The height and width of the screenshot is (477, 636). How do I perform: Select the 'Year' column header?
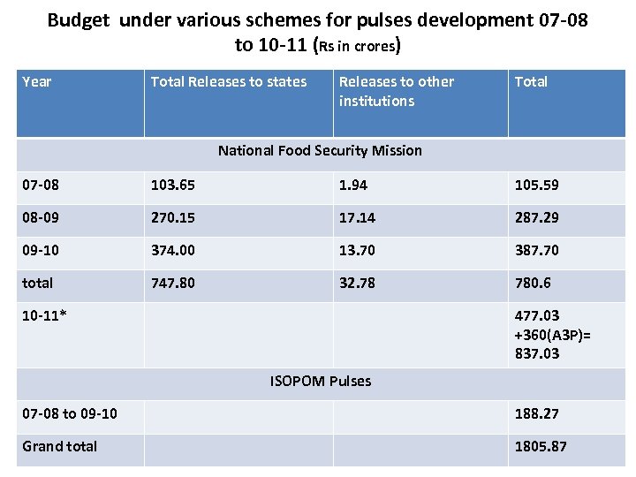[x=37, y=82]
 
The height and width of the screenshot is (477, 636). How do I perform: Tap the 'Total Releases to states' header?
[x=229, y=82]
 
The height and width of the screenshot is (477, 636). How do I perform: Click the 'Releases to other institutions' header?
[x=396, y=91]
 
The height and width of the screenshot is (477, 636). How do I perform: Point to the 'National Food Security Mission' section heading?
[x=320, y=150]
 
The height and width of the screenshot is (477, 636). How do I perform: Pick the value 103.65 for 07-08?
[x=173, y=185]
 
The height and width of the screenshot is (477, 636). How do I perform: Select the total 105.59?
[x=537, y=185]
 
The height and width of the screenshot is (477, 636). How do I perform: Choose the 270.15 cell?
[x=173, y=217]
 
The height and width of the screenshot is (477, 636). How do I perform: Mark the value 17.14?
[x=357, y=217]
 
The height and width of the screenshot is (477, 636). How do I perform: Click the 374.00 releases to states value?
[x=173, y=250]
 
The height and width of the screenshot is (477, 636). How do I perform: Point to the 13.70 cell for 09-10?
[x=357, y=250]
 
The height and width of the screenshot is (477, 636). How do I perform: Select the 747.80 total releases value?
[x=173, y=283]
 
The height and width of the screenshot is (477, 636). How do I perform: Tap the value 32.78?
[x=357, y=283]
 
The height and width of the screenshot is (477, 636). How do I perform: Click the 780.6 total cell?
[x=534, y=283]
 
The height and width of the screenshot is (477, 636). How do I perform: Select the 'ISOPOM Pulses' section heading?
[x=320, y=382]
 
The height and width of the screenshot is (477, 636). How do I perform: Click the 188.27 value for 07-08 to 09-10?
[x=537, y=413]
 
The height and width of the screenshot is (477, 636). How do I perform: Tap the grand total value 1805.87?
[x=541, y=446]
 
